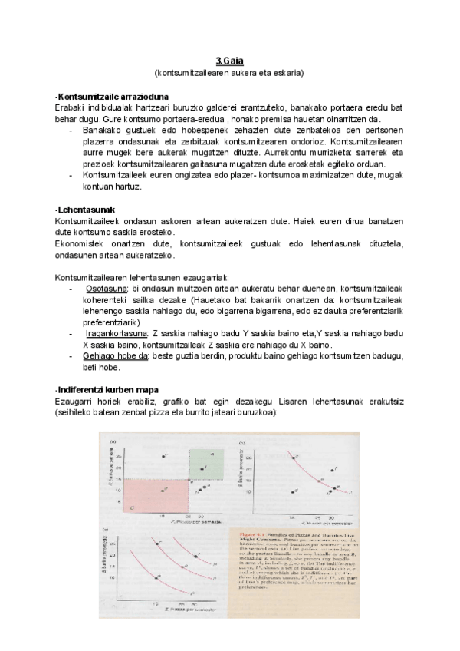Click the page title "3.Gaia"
pos(229,61)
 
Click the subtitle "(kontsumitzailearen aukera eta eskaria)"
pos(229,73)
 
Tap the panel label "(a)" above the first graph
pos(113,441)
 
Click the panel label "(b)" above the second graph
pos(243,442)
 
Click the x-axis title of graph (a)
pos(176,523)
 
